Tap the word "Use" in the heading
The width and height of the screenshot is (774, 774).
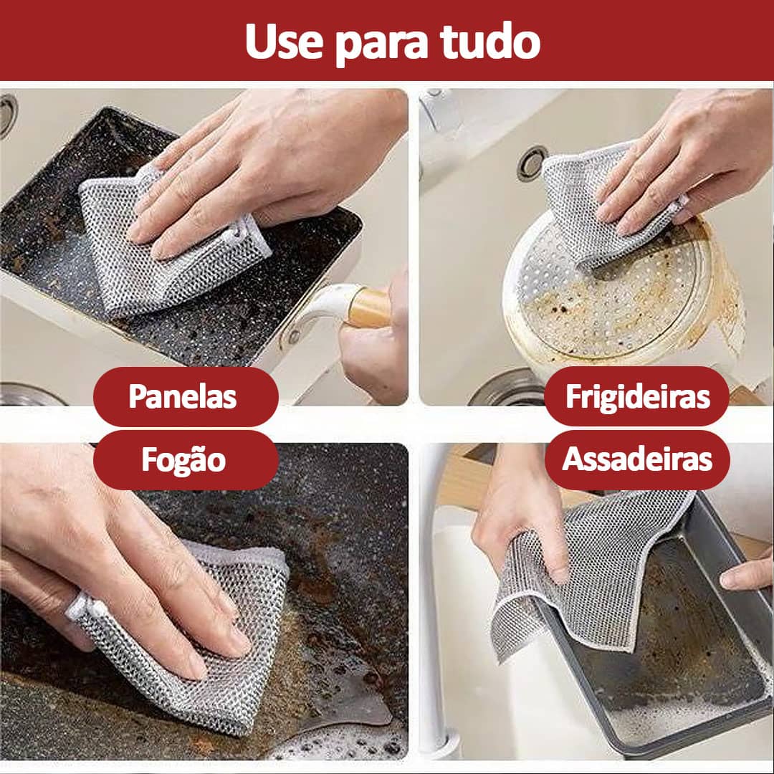[x=284, y=42]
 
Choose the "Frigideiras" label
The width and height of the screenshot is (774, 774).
[x=638, y=397]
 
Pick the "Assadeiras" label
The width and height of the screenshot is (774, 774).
[x=637, y=459]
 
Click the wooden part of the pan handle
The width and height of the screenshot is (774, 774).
[x=368, y=308]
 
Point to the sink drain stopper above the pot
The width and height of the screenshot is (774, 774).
[x=532, y=163]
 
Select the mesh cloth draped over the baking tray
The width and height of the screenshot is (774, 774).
[x=588, y=573]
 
